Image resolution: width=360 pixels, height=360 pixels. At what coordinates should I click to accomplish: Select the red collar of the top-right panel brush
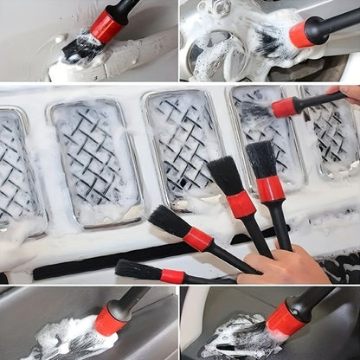pyautogui.click(x=302, y=34)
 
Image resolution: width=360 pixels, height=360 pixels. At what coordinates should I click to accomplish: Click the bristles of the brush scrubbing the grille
pyautogui.click(x=256, y=112)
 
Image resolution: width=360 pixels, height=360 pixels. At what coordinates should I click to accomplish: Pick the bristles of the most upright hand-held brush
pyautogui.click(x=260, y=158)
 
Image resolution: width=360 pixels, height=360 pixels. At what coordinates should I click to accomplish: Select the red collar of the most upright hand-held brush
pyautogui.click(x=270, y=188)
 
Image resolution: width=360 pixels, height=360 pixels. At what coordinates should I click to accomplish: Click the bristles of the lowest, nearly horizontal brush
pyautogui.click(x=138, y=270)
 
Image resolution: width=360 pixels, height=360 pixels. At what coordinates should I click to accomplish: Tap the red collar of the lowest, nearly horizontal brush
pyautogui.click(x=172, y=276)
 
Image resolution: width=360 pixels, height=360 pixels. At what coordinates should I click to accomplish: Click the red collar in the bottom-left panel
pyautogui.click(x=110, y=321)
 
